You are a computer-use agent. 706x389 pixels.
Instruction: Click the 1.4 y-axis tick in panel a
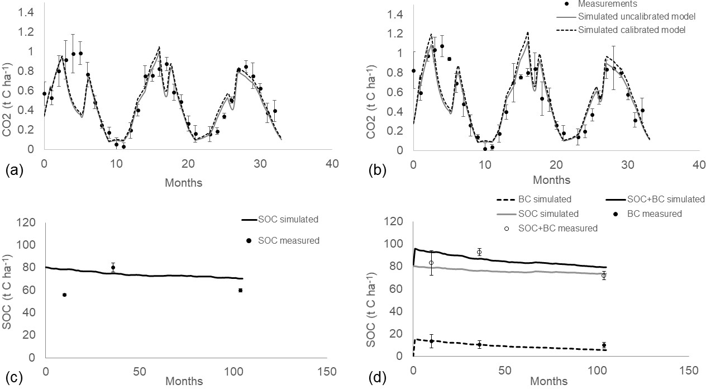coord(25,12)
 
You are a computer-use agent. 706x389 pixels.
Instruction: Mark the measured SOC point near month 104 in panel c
coord(240,290)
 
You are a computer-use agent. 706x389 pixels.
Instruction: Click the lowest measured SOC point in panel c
coord(64,295)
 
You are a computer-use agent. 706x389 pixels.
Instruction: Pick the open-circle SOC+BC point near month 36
coord(479,252)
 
